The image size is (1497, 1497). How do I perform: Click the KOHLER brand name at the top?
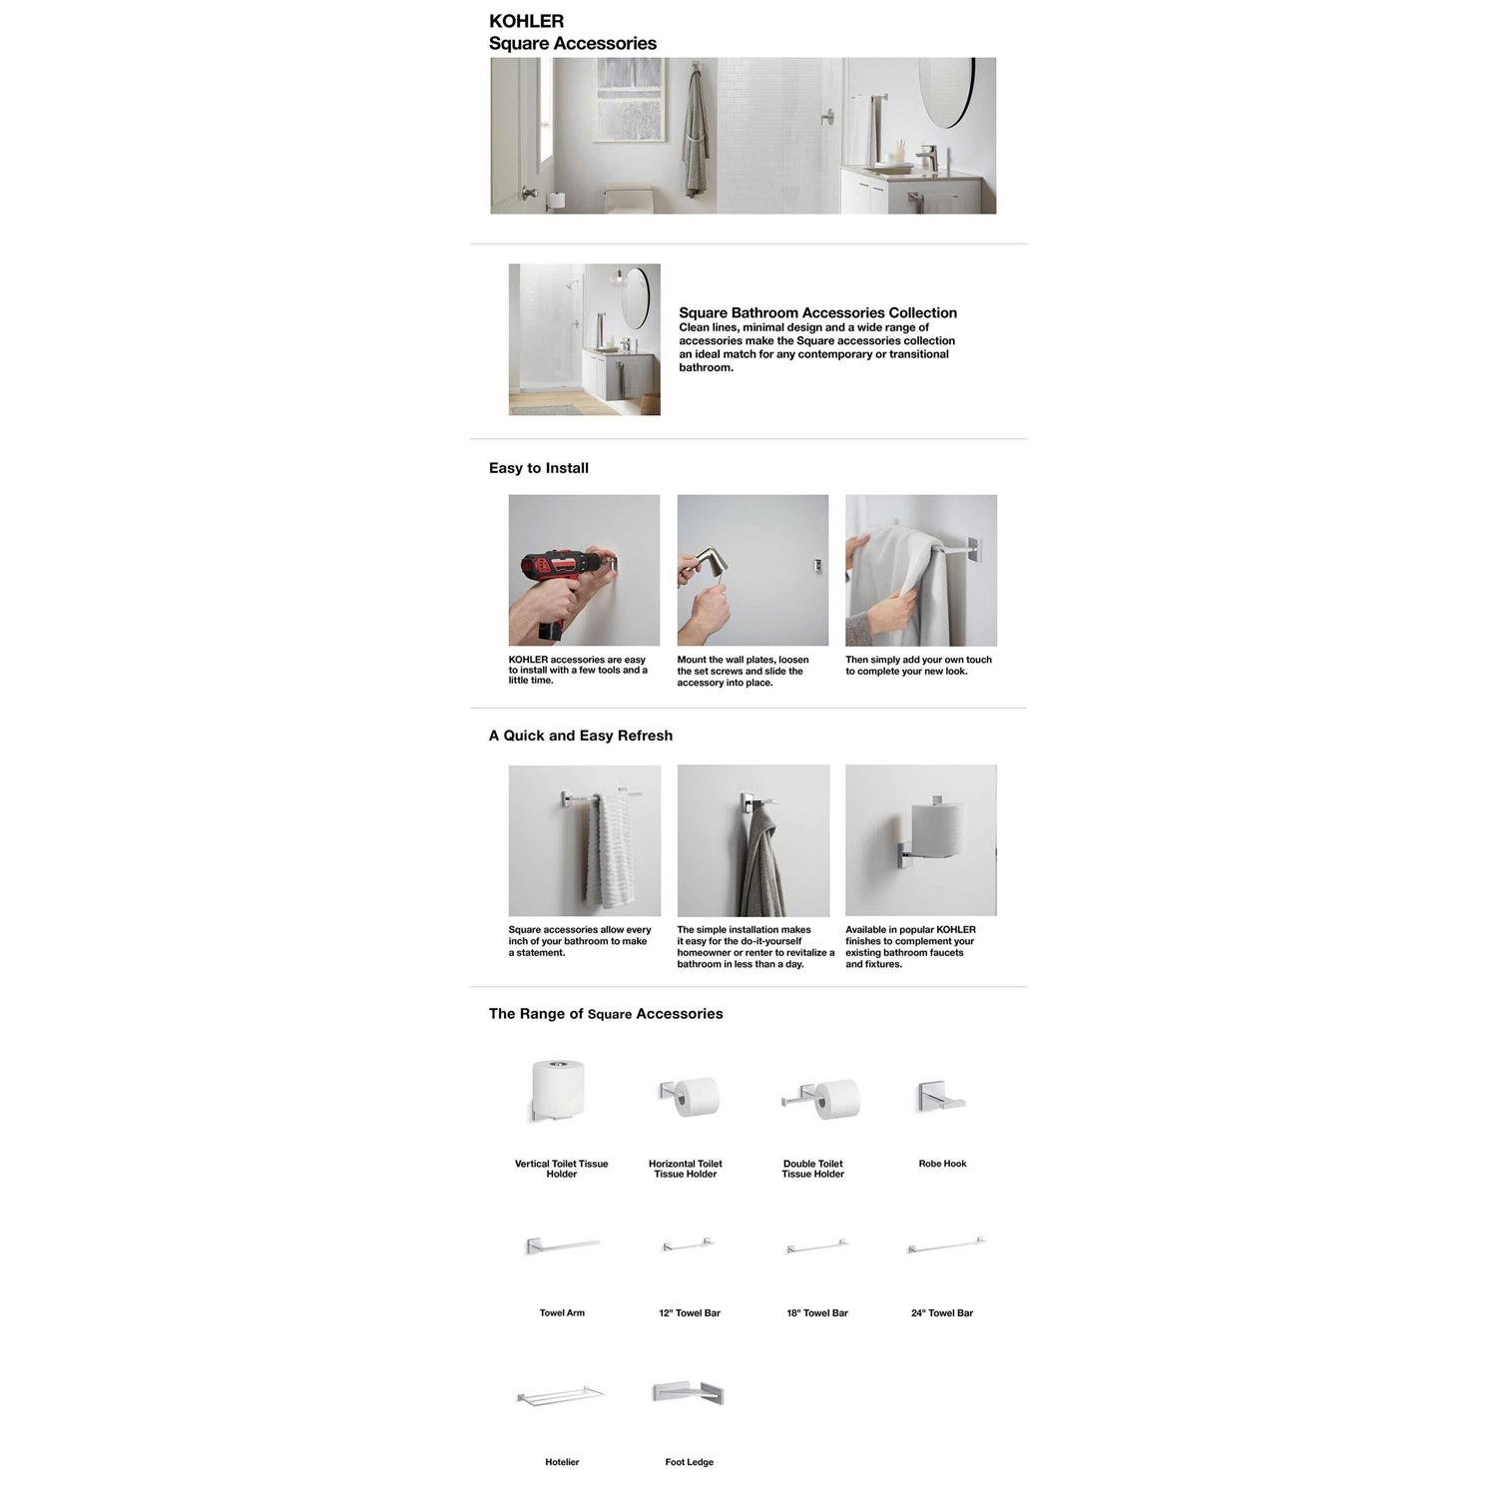click(x=526, y=21)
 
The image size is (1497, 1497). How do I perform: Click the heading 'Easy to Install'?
click(x=538, y=468)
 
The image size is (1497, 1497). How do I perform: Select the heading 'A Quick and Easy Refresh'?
click(x=580, y=736)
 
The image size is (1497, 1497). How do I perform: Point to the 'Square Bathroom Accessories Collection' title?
click(x=817, y=312)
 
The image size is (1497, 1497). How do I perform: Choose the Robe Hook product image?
click(x=940, y=1098)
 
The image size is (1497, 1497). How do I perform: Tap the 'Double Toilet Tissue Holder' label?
click(x=812, y=1169)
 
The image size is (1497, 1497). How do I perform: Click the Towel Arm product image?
click(x=562, y=1246)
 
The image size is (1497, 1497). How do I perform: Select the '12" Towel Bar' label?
click(x=689, y=1313)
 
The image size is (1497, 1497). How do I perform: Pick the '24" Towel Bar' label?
click(x=941, y=1313)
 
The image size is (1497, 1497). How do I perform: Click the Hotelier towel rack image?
click(x=561, y=1394)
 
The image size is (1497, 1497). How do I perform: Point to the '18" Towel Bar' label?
click(x=816, y=1313)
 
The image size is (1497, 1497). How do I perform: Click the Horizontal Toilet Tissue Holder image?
click(x=689, y=1096)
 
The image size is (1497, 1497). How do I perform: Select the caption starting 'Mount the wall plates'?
click(x=743, y=671)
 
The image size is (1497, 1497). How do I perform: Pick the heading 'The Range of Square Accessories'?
click(x=605, y=1014)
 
